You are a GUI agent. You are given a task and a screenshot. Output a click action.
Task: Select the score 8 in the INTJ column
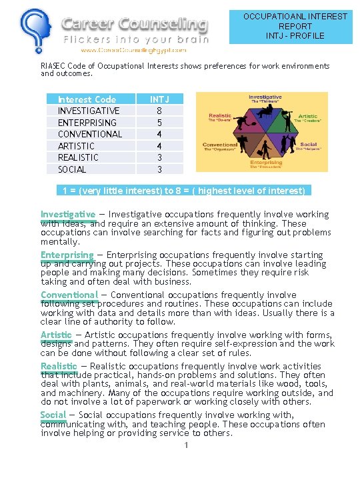point(159,111)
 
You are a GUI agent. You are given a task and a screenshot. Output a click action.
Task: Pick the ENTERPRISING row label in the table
point(87,123)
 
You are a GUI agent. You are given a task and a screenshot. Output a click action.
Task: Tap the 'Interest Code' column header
point(87,99)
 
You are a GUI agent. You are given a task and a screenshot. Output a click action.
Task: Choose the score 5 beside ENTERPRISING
point(159,123)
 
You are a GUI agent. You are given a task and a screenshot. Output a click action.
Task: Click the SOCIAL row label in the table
point(72,169)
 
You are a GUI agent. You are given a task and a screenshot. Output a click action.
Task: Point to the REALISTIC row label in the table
point(78,157)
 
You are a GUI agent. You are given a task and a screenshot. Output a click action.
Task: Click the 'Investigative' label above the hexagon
point(265,97)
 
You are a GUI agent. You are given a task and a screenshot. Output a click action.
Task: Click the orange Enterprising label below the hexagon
point(266,162)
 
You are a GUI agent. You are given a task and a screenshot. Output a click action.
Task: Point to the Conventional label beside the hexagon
point(220,145)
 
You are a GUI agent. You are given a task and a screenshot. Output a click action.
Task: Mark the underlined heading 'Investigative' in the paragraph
point(68,214)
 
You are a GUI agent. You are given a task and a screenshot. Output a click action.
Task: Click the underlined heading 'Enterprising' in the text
point(67,255)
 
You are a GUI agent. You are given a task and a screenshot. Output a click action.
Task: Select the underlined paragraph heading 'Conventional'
point(69,295)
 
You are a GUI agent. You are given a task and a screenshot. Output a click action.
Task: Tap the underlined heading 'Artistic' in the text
point(57,335)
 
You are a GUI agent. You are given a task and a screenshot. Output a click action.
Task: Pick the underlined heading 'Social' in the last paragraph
point(53,415)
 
